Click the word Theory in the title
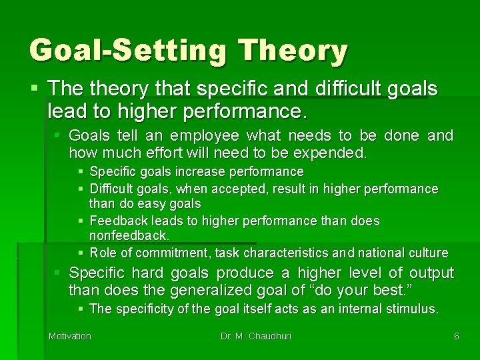tap(293, 51)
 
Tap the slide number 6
tap(457, 336)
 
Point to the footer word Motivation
tap(70, 336)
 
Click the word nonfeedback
tap(129, 236)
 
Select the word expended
tap(331, 153)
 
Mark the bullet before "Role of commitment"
tap(81, 253)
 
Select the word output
tap(431, 273)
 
